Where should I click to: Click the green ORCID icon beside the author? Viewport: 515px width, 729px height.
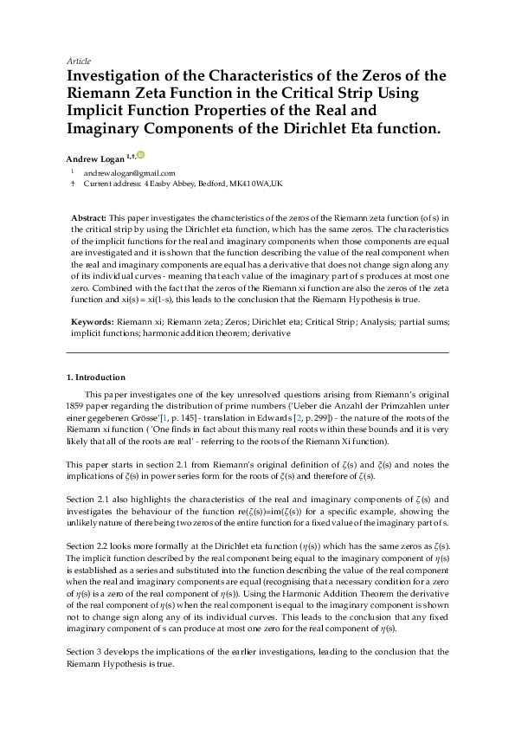141,156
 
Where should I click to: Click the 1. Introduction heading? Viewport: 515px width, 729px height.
96,377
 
